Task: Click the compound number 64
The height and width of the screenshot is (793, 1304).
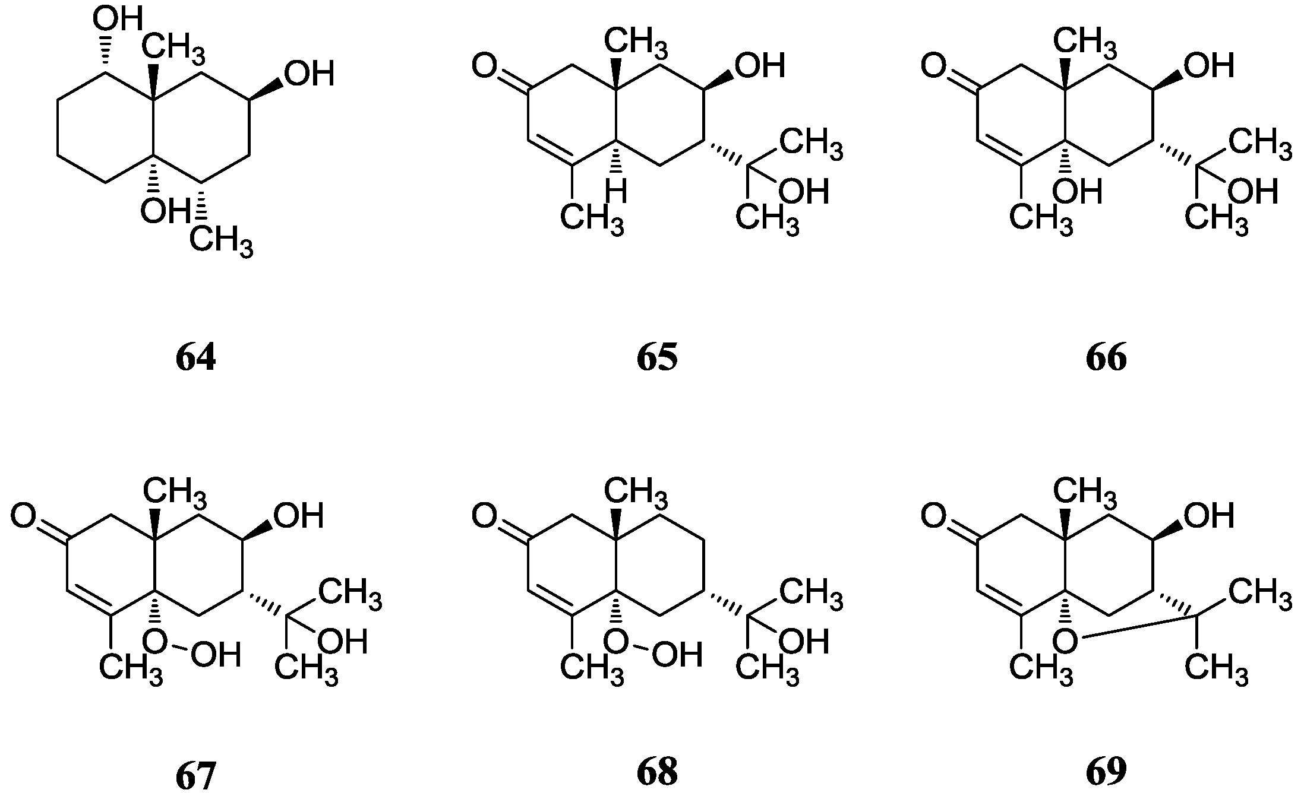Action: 195,358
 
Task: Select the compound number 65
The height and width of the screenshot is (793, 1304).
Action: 656,358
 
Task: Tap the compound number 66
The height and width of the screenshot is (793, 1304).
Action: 1106,358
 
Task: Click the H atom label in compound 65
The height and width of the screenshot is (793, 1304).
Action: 616,192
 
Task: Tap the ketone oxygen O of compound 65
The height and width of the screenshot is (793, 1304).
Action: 484,65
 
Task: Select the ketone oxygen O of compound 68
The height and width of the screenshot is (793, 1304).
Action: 484,515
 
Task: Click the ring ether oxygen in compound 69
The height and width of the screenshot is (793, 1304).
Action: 1064,640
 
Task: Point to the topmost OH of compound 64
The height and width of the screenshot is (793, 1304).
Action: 118,20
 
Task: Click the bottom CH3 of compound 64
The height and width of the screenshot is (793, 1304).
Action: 221,242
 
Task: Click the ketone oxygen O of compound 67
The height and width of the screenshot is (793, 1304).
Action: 24,515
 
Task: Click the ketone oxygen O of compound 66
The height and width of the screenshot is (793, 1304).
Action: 933,65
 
